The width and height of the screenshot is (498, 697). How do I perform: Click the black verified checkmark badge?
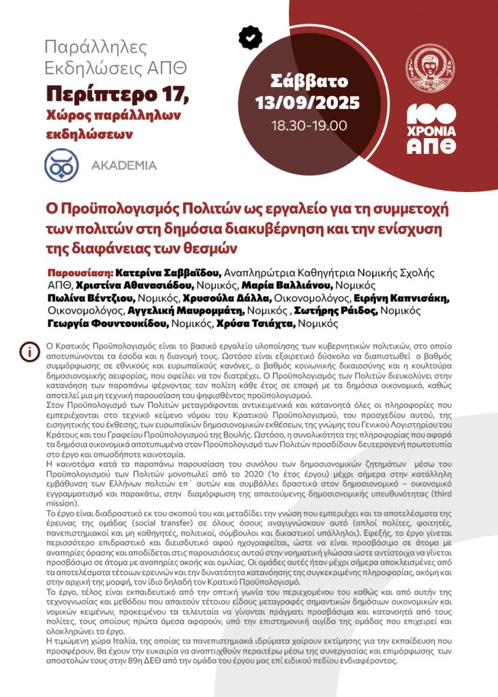pyautogui.click(x=251, y=37)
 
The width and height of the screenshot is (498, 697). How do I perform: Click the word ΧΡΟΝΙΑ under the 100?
pyautogui.click(x=431, y=131)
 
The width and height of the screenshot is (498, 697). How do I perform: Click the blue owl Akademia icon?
pyautogui.click(x=62, y=165)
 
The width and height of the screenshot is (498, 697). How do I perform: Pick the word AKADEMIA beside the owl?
pyautogui.click(x=123, y=165)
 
